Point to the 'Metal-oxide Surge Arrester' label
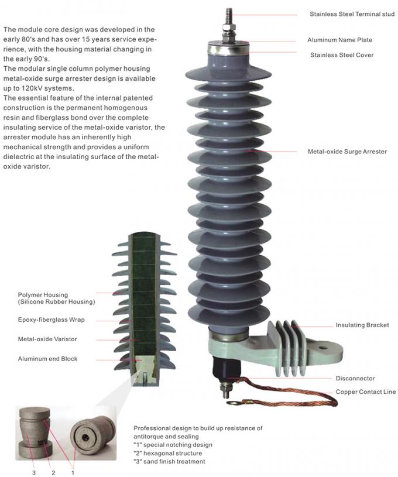[347, 152]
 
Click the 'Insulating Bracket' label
[362, 325]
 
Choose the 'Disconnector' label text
[355, 379]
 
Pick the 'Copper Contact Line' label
[365, 392]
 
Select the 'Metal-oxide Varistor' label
[47, 339]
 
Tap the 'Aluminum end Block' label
[47, 358]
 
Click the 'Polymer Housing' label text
[43, 295]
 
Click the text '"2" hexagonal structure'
[168, 453]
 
